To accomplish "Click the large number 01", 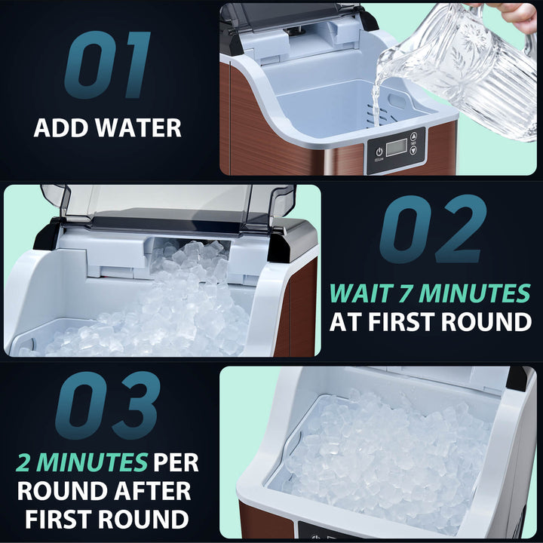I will click(x=108, y=64).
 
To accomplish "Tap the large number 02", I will click(x=432, y=229).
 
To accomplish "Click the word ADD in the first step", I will click(x=60, y=127).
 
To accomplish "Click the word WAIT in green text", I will click(x=360, y=293).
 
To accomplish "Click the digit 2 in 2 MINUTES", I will click(x=29, y=462).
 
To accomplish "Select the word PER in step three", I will click(x=176, y=462).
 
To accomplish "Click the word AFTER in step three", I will click(x=147, y=490).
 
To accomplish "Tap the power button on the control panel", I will click(x=379, y=151).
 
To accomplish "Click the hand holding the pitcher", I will click(x=516, y=14).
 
